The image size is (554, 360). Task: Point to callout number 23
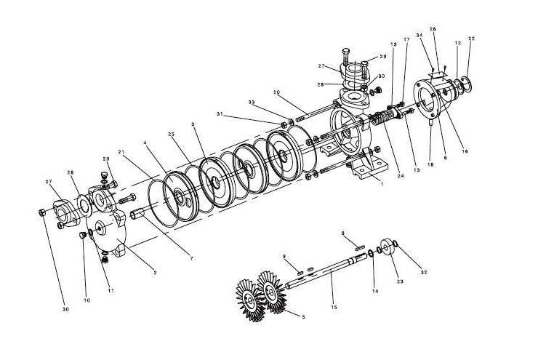[x=398, y=281]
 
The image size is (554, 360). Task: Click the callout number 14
[x=374, y=291]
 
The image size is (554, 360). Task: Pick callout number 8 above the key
[x=343, y=233]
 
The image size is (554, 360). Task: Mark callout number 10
[x=87, y=300]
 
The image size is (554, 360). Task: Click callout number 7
[x=191, y=259]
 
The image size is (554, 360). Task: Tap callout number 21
[x=121, y=151]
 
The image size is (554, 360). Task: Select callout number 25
[x=172, y=135]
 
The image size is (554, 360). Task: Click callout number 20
[x=276, y=92]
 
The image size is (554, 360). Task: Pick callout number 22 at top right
[x=471, y=38]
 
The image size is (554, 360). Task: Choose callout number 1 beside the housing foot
[x=382, y=185]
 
